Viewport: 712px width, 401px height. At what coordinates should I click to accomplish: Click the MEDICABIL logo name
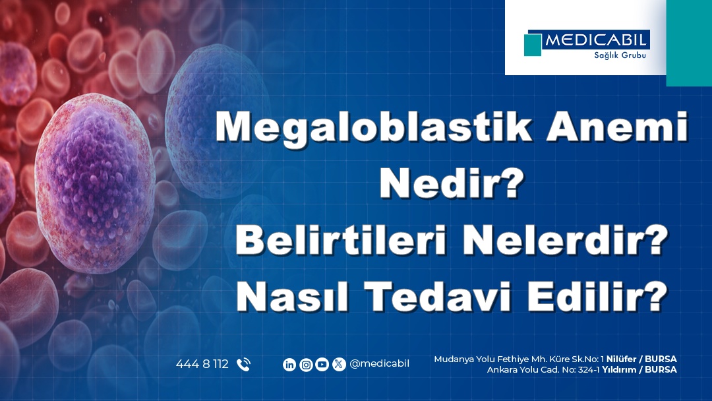(x=597, y=41)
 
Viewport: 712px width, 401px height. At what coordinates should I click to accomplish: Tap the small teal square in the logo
(x=532, y=45)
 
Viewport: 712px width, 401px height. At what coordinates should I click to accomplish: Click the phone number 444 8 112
(x=202, y=364)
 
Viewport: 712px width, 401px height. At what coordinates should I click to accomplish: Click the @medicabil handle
(x=379, y=364)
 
